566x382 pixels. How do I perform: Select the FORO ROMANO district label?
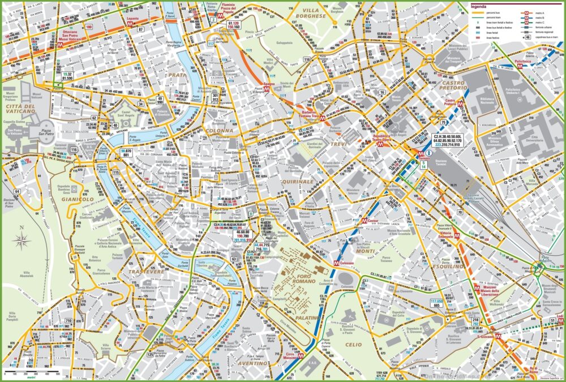click(293, 278)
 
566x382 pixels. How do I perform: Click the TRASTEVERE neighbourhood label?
click(145, 272)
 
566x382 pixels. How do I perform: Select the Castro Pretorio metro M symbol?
click(461, 104)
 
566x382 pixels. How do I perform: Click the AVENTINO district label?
click(252, 363)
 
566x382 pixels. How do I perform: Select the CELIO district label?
click(353, 344)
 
